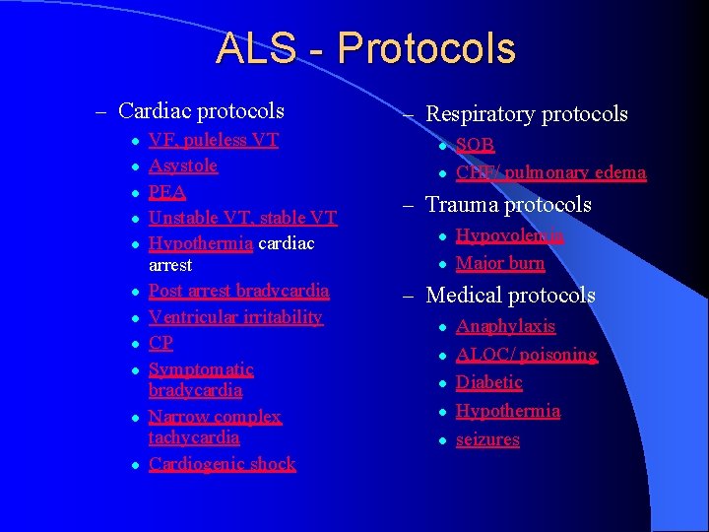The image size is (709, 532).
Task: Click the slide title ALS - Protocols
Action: coord(364,48)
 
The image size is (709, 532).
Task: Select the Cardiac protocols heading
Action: coord(201,111)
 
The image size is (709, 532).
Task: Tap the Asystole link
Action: coord(183,166)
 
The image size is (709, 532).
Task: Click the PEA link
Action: coord(167,191)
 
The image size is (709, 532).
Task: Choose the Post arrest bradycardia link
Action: coord(238,291)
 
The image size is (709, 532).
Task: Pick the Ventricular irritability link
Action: coord(235,316)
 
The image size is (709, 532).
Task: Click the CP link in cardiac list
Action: coord(161,343)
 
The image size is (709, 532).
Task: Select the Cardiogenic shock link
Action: coord(222,464)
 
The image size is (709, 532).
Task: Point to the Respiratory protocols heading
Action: coord(526,114)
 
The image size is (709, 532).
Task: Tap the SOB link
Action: coord(475,145)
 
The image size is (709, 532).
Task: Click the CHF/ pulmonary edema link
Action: coord(550,173)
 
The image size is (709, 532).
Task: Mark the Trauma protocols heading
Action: coord(508,205)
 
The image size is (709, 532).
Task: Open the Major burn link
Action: coord(500,263)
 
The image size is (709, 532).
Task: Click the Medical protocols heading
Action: coord(510,295)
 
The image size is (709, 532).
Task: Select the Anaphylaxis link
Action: coord(505,326)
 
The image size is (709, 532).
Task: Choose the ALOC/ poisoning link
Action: coord(526,355)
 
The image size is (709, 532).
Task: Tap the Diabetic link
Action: coord(488,382)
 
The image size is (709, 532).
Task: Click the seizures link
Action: coord(487,439)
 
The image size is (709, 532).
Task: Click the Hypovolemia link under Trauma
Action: coord(509,235)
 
